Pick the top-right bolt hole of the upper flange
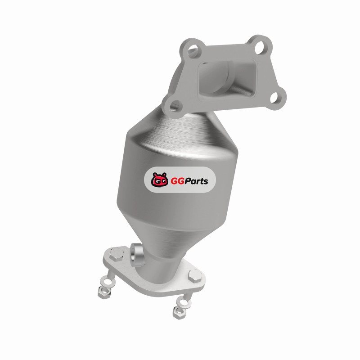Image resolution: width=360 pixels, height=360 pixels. tap(261, 47)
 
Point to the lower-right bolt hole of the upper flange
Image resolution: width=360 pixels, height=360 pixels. tap(275, 97)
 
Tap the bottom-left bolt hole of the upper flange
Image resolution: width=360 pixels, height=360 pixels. tap(176, 106)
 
